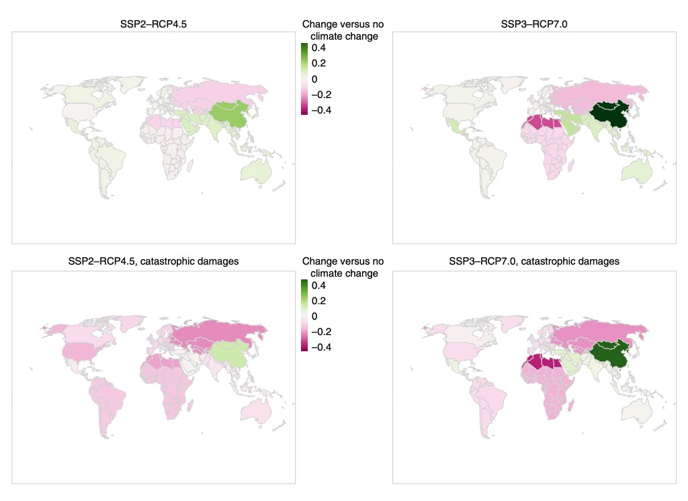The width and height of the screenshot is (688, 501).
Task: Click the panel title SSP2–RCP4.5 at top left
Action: pyautogui.click(x=153, y=26)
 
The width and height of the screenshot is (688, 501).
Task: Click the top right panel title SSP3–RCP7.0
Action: pyautogui.click(x=533, y=26)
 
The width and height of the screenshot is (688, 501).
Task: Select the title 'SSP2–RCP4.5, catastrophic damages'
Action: pyautogui.click(x=153, y=261)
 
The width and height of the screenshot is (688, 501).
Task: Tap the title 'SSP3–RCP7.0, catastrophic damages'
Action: pyautogui.click(x=533, y=261)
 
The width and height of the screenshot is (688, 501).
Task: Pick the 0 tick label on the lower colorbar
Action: pyautogui.click(x=314, y=316)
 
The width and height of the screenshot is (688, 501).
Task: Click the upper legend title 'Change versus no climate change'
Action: pyautogui.click(x=343, y=30)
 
